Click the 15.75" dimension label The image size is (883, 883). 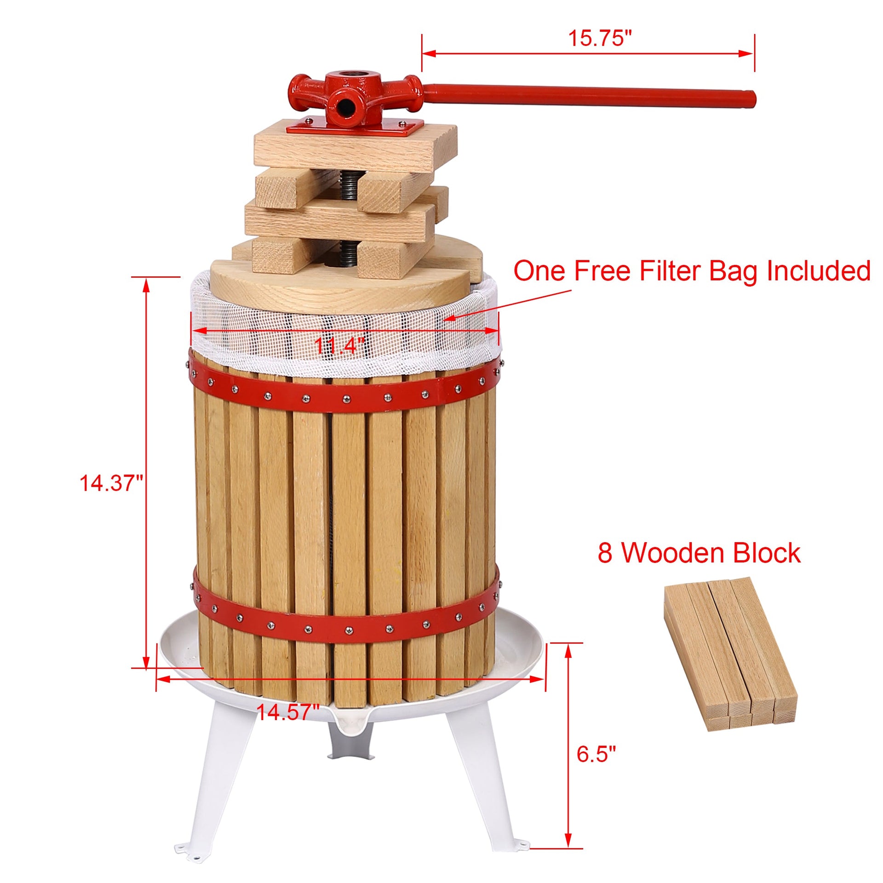tap(600, 38)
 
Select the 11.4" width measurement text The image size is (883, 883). tap(339, 345)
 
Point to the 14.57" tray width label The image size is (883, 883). tap(287, 712)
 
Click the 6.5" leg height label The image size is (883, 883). tap(596, 754)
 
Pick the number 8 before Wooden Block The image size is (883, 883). tap(605, 553)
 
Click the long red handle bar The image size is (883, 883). tap(589, 93)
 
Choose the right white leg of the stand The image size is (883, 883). tap(483, 782)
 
